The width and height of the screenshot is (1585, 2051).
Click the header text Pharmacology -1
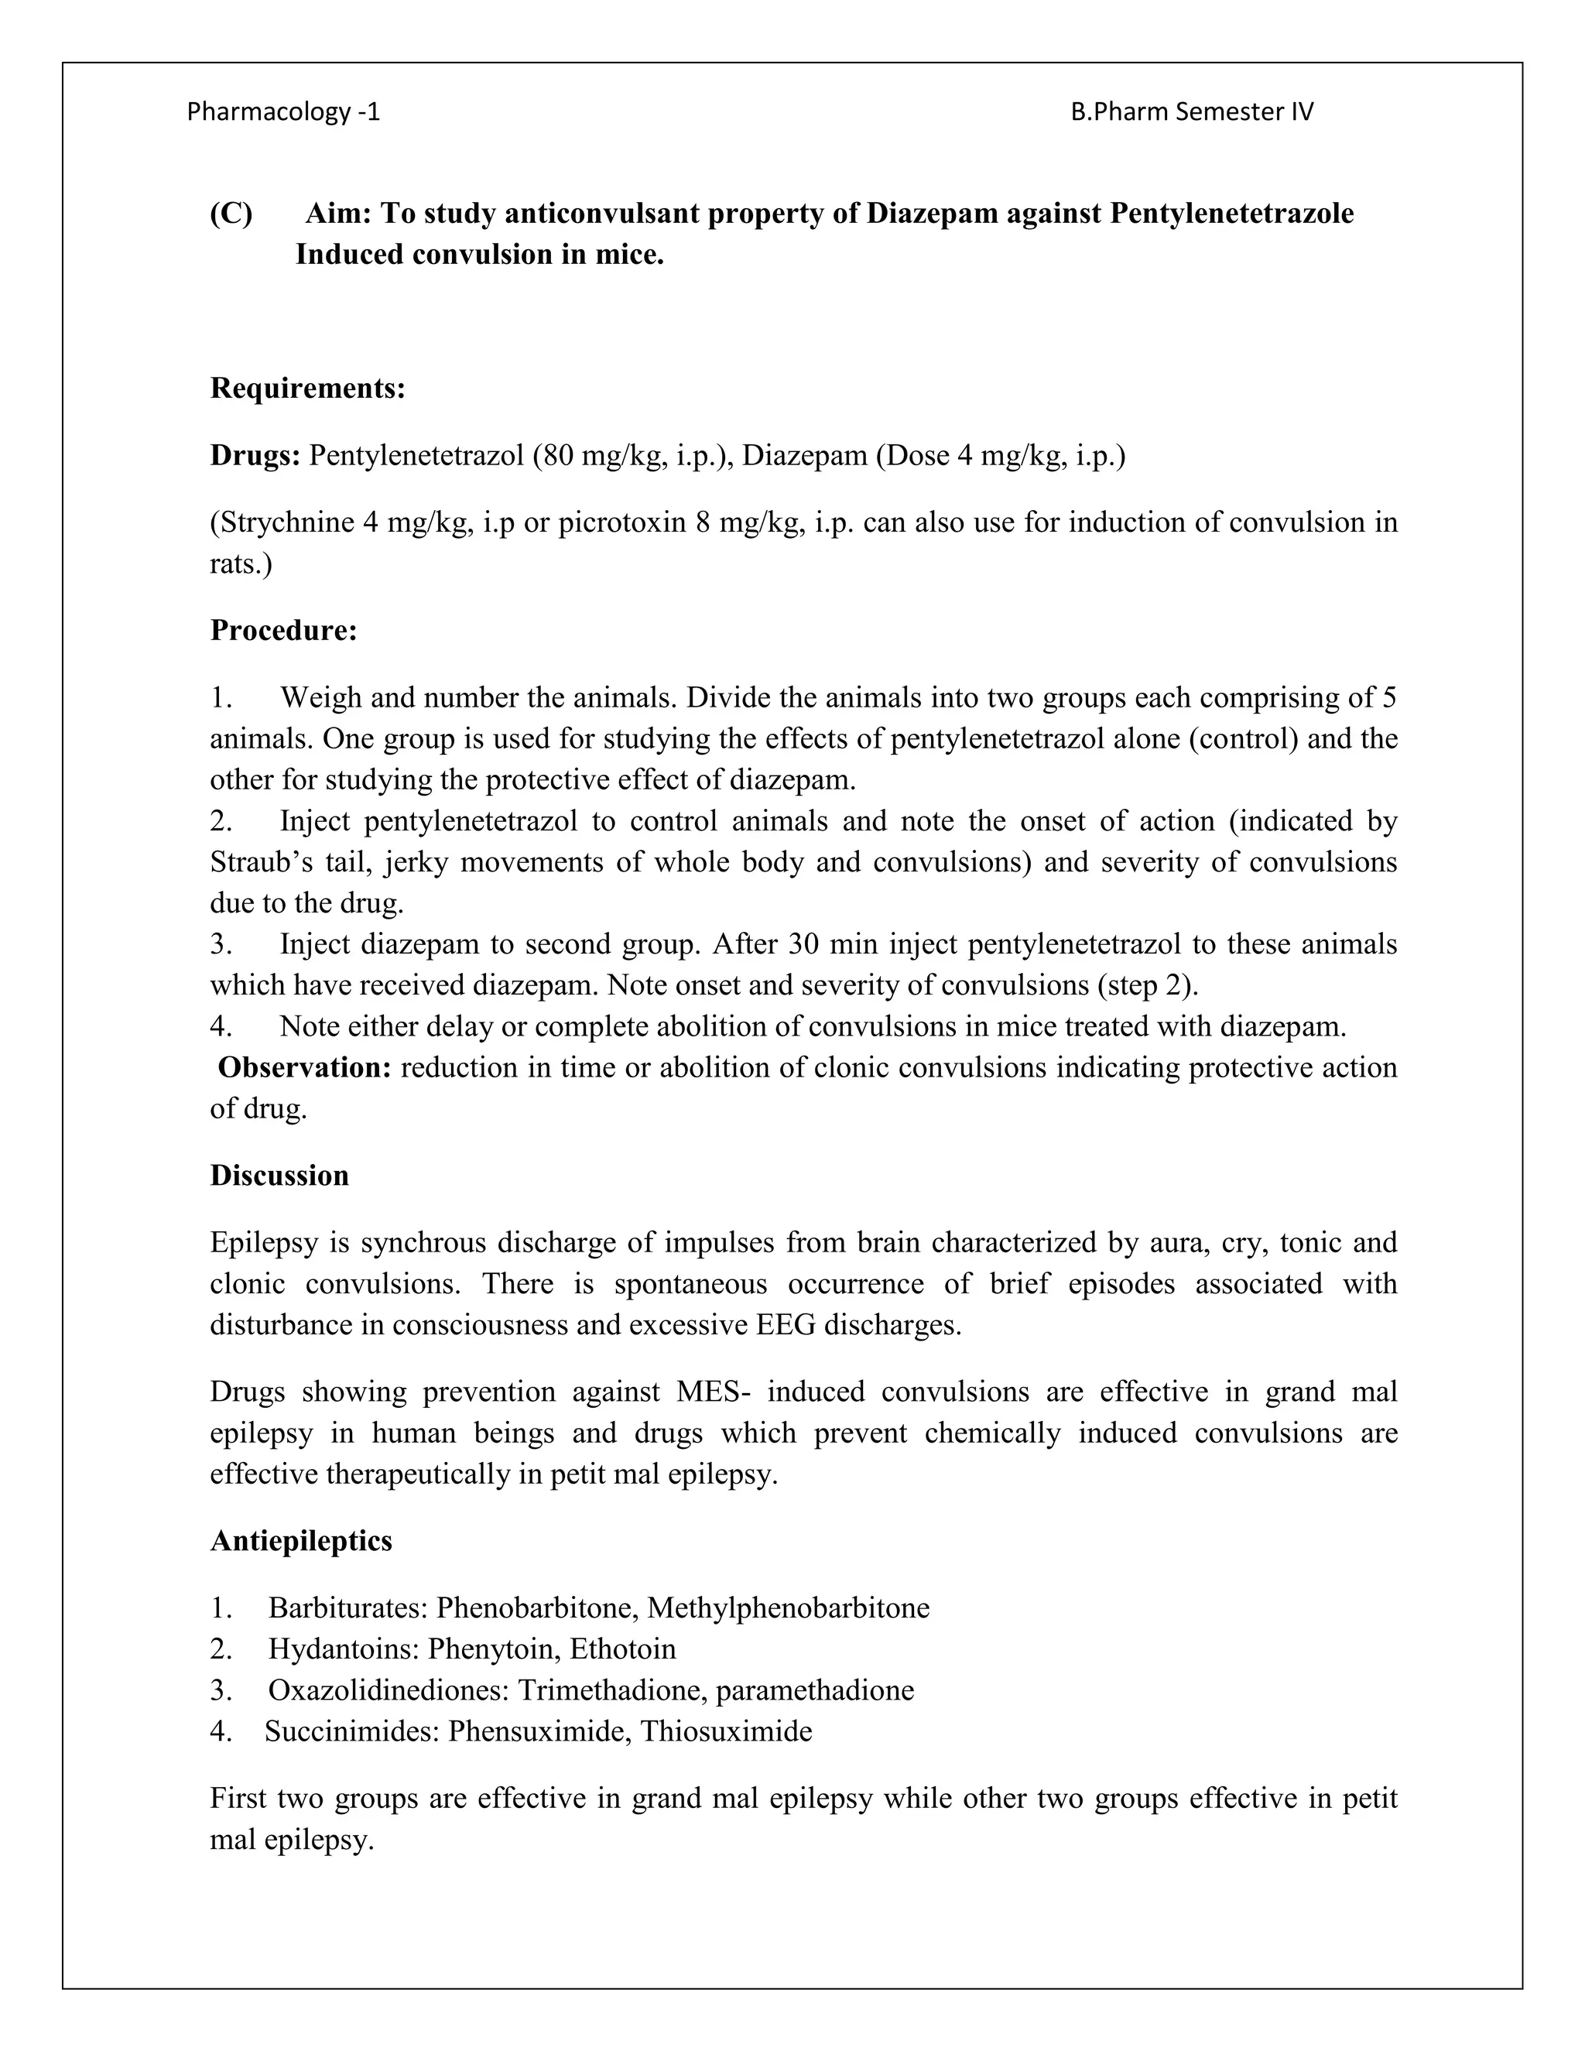(283, 111)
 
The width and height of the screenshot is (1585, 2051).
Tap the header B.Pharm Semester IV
(1192, 111)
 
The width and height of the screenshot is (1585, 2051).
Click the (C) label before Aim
(231, 214)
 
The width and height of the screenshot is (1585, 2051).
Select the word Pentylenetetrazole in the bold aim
(1231, 214)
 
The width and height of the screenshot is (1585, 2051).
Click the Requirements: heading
(307, 388)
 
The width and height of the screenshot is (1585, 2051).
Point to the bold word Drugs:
(255, 457)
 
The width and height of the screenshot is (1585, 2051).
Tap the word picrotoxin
(622, 522)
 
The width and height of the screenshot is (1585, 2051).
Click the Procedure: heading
(283, 630)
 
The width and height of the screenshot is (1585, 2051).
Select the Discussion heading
(279, 1176)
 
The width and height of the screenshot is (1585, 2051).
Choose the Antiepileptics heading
(300, 1541)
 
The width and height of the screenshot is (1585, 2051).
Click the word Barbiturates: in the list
(348, 1608)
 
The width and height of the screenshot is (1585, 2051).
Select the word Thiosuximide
(726, 1731)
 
